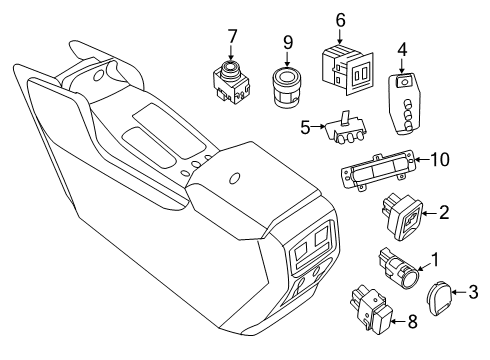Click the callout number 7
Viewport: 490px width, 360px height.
(232, 37)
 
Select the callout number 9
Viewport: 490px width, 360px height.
(289, 44)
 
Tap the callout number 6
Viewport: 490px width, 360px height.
(340, 19)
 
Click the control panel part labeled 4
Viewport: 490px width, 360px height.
(406, 100)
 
